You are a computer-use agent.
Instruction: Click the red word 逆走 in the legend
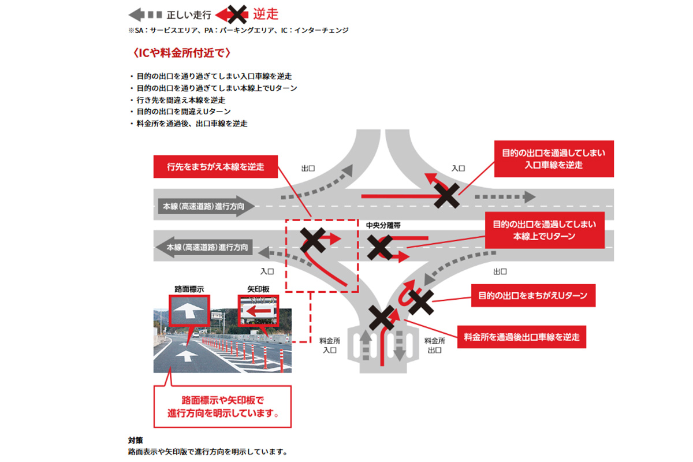click(266, 14)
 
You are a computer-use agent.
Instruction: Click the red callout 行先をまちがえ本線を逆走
click(215, 167)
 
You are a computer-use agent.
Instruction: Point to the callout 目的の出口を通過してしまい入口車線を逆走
click(553, 159)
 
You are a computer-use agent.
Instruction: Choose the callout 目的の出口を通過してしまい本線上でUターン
click(544, 230)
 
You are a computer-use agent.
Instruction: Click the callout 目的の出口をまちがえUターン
click(533, 296)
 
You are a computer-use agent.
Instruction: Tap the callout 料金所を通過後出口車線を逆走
click(521, 336)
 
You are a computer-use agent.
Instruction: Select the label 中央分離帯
click(382, 224)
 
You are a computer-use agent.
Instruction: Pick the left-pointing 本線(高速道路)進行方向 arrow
click(203, 247)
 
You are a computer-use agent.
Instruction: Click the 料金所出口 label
click(433, 345)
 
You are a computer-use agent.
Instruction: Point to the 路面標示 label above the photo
click(188, 288)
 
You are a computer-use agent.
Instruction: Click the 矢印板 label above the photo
click(258, 288)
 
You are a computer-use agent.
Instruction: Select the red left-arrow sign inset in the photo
click(258, 311)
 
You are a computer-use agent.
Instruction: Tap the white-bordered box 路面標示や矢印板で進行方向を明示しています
click(222, 407)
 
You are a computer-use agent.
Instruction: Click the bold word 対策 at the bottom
click(135, 439)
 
